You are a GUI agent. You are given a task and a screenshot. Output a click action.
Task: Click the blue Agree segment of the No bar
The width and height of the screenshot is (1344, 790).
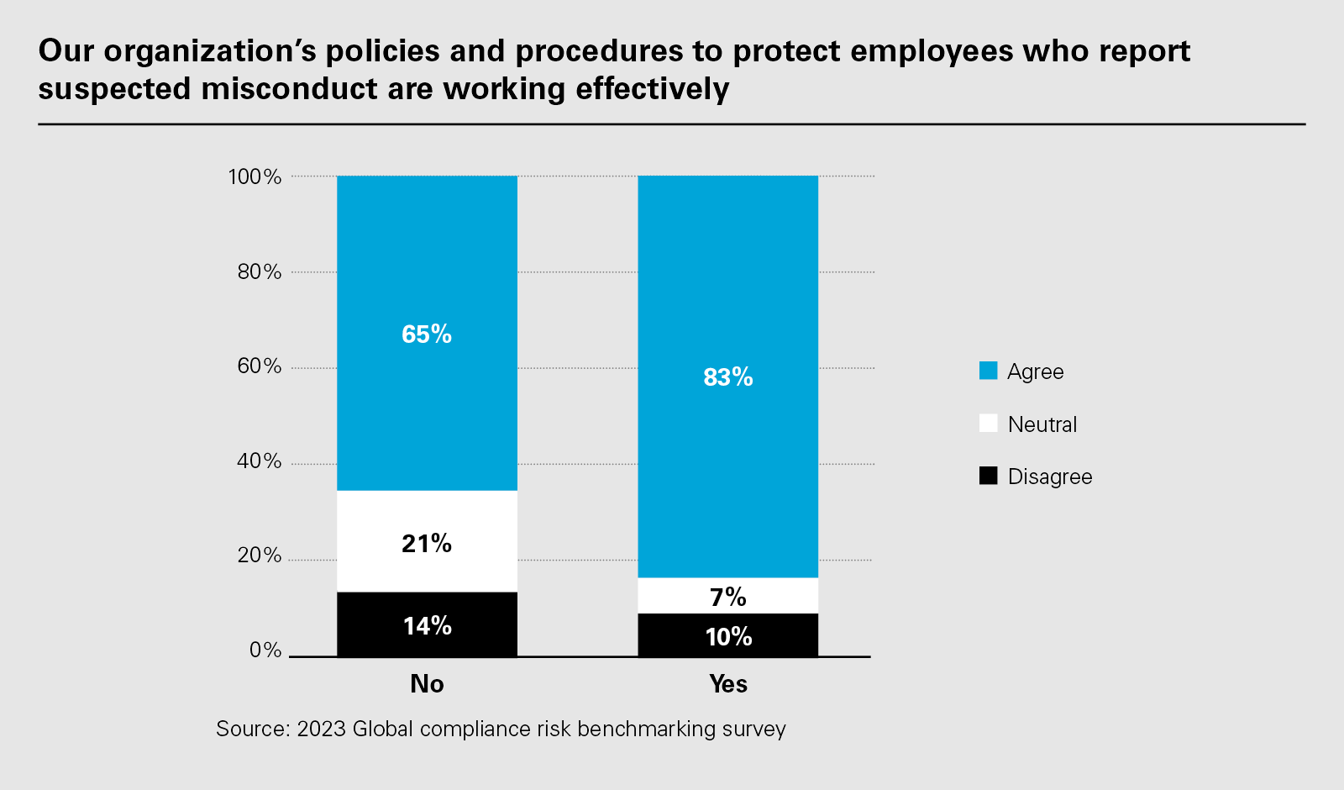(x=427, y=252)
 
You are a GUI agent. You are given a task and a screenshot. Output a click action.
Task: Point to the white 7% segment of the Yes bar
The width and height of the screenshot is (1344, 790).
(x=727, y=596)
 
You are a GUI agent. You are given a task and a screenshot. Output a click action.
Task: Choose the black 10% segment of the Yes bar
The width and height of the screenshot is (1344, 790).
(x=727, y=636)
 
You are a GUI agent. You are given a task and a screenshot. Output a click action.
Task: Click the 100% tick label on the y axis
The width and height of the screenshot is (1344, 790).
(x=255, y=176)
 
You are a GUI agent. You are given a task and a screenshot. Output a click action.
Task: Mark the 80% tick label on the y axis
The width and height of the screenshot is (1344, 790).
(x=259, y=271)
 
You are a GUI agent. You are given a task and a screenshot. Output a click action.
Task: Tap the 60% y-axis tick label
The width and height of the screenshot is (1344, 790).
(x=259, y=366)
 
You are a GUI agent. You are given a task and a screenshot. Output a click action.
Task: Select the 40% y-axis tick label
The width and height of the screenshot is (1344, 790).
(x=259, y=461)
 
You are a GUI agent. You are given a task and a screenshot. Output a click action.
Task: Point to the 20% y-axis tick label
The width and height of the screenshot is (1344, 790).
(x=259, y=555)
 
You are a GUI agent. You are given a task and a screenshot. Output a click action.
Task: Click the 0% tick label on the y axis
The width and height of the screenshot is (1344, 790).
(x=265, y=650)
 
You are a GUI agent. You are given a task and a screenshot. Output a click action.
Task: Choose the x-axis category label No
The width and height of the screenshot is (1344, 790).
(x=427, y=684)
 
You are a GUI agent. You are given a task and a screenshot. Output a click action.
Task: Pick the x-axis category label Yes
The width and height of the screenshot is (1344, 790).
(x=727, y=684)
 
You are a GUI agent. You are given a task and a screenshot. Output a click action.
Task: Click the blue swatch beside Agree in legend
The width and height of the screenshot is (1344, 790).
(x=989, y=371)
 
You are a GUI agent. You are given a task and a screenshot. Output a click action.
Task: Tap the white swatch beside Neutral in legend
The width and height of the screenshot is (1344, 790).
(x=989, y=424)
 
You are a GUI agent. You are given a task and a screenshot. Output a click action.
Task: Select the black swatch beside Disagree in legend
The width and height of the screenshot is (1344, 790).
(x=989, y=476)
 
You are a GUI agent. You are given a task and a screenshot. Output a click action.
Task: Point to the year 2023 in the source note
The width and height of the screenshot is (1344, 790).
(x=321, y=729)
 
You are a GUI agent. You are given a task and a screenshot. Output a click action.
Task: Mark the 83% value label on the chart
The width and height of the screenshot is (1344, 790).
(x=727, y=377)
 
